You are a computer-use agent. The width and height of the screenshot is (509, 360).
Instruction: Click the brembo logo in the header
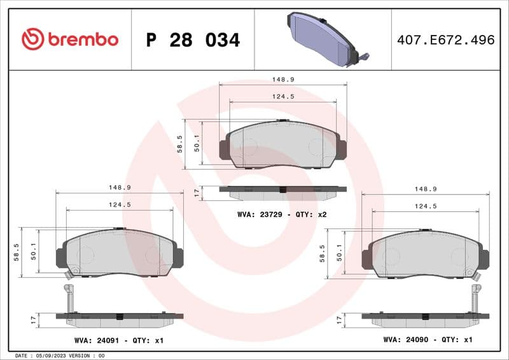[70, 39]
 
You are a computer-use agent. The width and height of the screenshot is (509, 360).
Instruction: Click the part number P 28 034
[193, 40]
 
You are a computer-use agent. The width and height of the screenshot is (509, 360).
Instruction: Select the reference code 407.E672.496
[445, 40]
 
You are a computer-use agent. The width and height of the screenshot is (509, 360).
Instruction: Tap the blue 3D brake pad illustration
[323, 39]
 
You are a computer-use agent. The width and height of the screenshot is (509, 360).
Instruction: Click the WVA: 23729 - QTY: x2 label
[282, 214]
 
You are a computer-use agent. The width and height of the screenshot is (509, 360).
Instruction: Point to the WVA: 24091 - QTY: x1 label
[119, 340]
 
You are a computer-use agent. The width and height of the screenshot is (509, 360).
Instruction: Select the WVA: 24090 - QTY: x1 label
[428, 340]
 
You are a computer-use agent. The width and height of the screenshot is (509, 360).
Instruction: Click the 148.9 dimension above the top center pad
[282, 80]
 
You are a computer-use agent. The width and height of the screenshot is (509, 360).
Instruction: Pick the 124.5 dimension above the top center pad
[282, 97]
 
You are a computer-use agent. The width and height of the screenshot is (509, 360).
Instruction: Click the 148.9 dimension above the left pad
[120, 188]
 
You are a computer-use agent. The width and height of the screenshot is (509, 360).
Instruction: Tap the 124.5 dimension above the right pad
[425, 206]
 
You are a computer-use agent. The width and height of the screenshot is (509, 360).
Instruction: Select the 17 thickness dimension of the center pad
[197, 191]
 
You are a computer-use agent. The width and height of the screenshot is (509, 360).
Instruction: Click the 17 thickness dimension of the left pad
[33, 319]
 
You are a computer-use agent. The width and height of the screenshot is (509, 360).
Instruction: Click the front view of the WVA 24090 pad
[425, 255]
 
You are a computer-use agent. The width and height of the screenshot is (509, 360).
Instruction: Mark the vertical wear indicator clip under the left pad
[71, 298]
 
